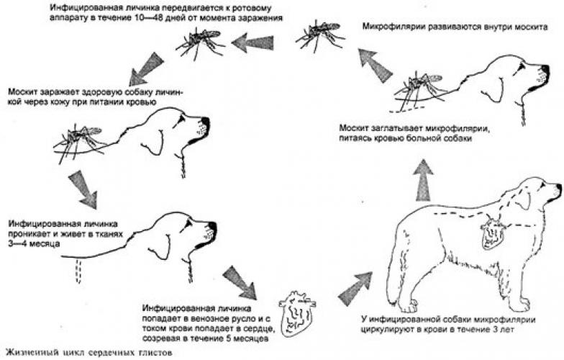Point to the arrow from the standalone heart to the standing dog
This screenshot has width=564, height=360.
(354, 289)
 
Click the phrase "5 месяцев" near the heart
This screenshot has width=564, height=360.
(247, 338)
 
